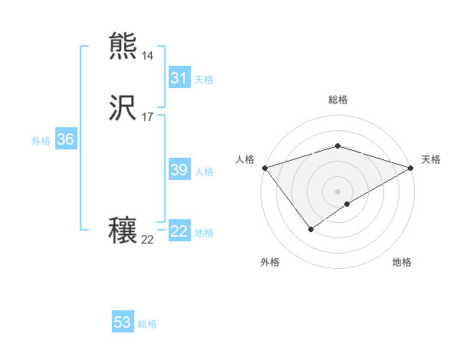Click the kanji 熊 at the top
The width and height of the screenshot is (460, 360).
[123, 47]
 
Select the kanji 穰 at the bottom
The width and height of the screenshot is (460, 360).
[123, 231]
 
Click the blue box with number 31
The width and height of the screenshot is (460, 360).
[179, 78]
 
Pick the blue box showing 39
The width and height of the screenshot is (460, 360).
[179, 171]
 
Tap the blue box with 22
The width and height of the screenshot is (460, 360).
[179, 232]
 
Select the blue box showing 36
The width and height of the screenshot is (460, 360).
[65, 140]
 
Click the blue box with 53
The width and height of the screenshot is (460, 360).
[123, 322]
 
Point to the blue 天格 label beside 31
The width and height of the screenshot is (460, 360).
[204, 80]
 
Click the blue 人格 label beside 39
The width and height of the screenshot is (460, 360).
[204, 172]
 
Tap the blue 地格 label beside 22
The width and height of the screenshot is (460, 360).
[204, 233]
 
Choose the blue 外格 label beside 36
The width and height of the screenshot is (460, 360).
[41, 141]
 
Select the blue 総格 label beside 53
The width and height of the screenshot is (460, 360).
[147, 324]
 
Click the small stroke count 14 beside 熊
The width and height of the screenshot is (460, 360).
[147, 56]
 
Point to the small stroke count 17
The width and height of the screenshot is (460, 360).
[147, 117]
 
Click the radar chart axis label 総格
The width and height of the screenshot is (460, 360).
[337, 100]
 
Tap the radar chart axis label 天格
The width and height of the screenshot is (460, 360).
[431, 159]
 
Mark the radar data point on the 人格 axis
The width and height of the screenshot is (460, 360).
[264, 168]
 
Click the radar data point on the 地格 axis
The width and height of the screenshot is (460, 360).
[347, 204]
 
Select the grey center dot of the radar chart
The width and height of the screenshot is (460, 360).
[337, 191]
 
